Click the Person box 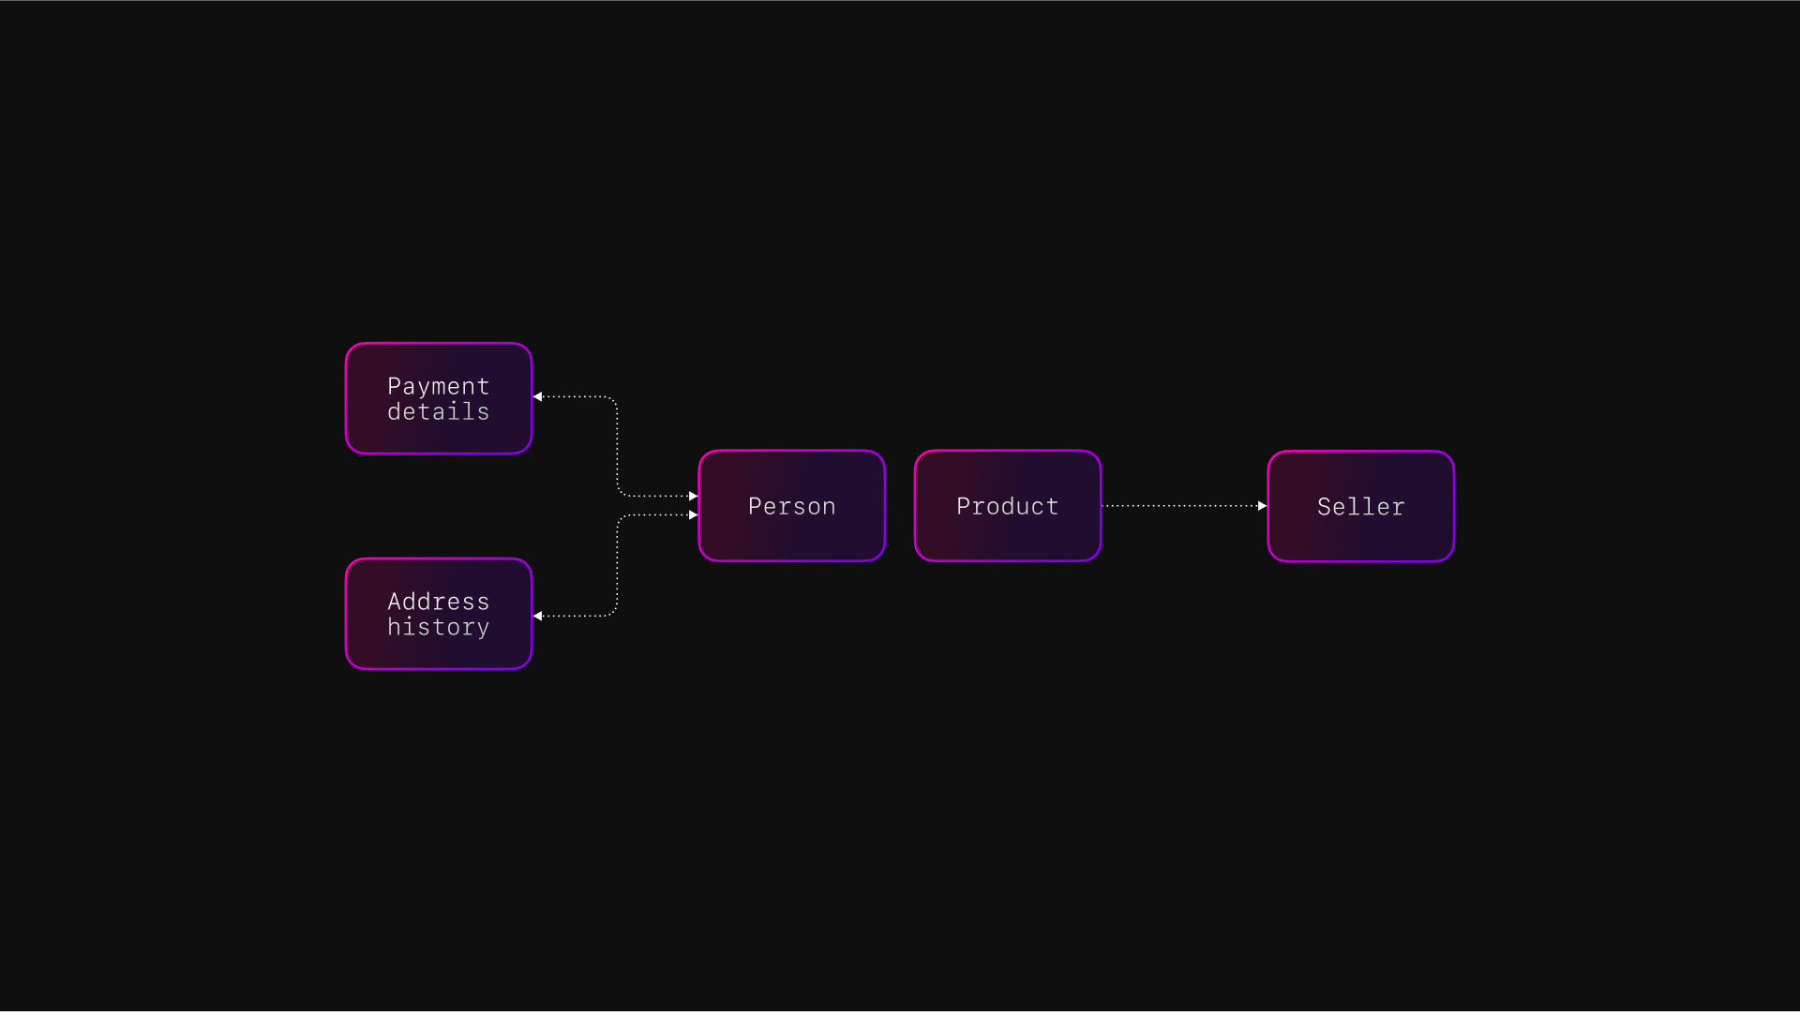tap(792, 506)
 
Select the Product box tap(1008, 506)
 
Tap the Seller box tap(1360, 507)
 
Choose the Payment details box tap(439, 398)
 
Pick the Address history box tap(439, 614)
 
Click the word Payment tap(438, 386)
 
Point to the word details tap(438, 412)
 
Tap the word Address tap(438, 602)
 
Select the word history tap(438, 627)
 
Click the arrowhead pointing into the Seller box tap(1262, 506)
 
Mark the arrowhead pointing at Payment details tap(538, 396)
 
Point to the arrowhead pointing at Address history tap(538, 616)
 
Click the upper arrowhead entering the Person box tap(693, 496)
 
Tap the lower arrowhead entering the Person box tap(693, 515)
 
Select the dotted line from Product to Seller tap(1181, 506)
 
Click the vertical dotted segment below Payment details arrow tap(617, 446)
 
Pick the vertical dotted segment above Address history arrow tap(617, 565)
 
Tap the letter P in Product tap(963, 506)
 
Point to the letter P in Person tap(755, 506)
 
